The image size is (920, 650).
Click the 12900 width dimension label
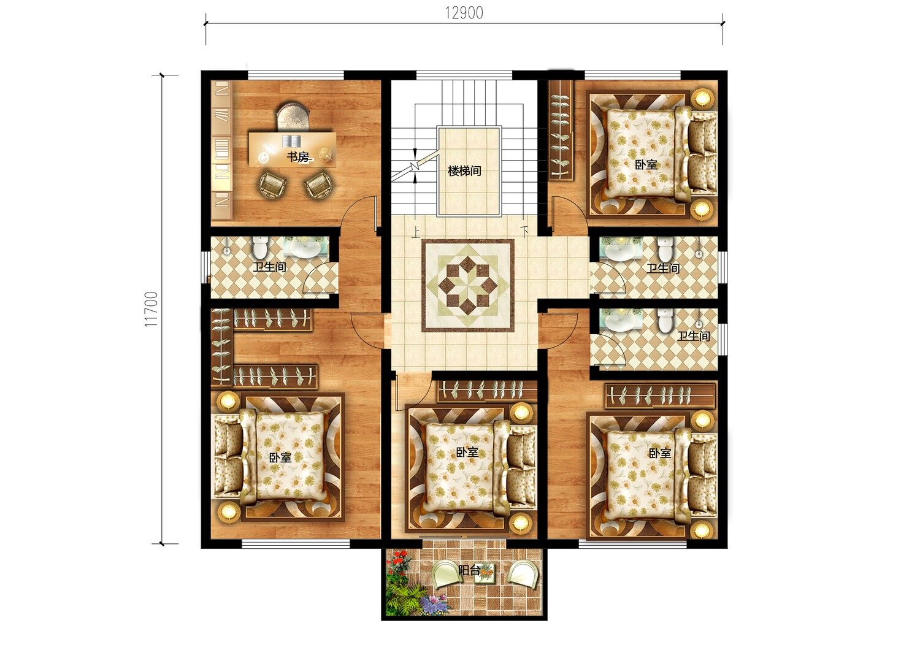(x=464, y=13)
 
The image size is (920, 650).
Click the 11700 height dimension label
(x=151, y=309)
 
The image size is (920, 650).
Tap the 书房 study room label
(x=297, y=157)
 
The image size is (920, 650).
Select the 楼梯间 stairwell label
(x=464, y=171)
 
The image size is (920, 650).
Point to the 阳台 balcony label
(x=469, y=570)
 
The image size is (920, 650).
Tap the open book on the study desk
(x=291, y=141)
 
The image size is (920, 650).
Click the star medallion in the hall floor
(x=468, y=285)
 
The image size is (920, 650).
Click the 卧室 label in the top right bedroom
(x=646, y=165)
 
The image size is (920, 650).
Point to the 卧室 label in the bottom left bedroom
(x=280, y=457)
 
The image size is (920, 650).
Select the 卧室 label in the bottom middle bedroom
(x=467, y=452)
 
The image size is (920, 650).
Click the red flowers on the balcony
(x=400, y=561)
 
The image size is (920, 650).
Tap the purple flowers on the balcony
(x=435, y=604)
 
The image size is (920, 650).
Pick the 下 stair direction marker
(x=524, y=231)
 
